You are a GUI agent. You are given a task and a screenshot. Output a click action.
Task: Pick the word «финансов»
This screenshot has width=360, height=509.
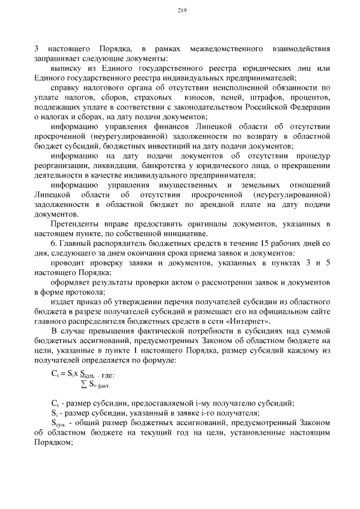pyautogui.click(x=157, y=127)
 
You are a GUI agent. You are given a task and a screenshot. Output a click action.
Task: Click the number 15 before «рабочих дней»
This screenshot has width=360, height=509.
pyautogui.click(x=250, y=244)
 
